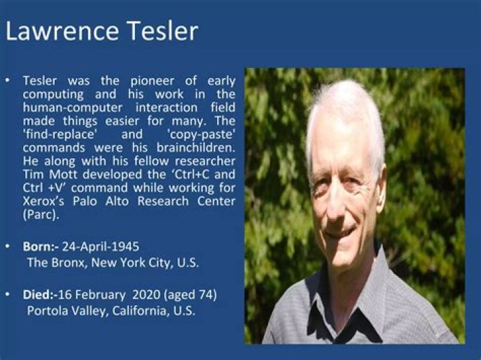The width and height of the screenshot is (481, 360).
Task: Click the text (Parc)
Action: tap(41, 214)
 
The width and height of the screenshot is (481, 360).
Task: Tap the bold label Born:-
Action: tap(41, 246)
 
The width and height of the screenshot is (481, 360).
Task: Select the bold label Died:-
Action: tap(41, 295)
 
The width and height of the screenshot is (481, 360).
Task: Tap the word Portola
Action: tap(48, 311)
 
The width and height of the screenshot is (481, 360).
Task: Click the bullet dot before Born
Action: tap(7, 246)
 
